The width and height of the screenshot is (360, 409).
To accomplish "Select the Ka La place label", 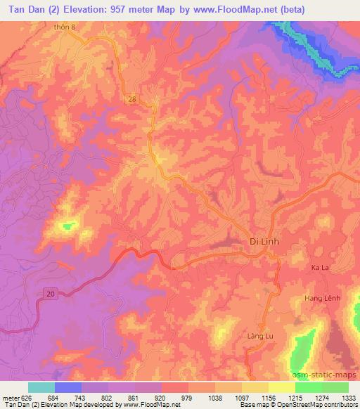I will tap(320, 268).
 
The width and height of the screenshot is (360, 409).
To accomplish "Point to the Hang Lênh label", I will tap(322, 299).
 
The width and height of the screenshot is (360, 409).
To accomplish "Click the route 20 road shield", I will tap(49, 292).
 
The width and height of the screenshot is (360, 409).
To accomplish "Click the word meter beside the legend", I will tap(11, 398).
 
